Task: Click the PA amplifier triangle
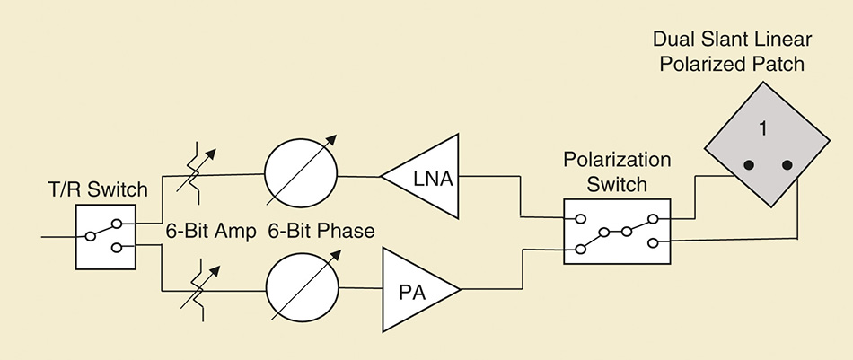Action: [x=415, y=289]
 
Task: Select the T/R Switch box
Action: [x=105, y=236]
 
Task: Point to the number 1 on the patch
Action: [x=761, y=129]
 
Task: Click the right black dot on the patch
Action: [x=786, y=165]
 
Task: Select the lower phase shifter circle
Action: [x=300, y=289]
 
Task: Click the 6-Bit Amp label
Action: [x=207, y=231]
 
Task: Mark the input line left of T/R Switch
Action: [x=58, y=237]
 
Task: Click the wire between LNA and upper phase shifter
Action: [x=359, y=176]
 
